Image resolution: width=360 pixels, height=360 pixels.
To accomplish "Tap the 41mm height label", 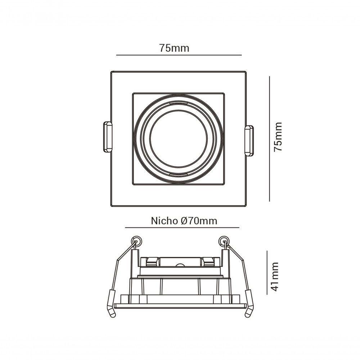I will [x=275, y=276].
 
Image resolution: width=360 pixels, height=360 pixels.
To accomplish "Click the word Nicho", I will [x=164, y=221].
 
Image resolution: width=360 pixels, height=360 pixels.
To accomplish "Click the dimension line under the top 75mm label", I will [x=179, y=55].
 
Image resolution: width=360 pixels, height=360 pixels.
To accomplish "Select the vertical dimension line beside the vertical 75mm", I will [x=269, y=139].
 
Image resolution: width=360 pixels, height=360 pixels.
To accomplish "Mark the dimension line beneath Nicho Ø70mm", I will [x=182, y=228].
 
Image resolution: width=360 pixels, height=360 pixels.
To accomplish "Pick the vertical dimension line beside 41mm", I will [x=267, y=273].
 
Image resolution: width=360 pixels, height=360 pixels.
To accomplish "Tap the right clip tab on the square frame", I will [x=249, y=140].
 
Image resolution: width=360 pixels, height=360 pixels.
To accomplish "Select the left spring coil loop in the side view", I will [x=136, y=240].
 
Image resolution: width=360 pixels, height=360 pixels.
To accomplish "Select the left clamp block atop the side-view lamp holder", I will [x=150, y=261].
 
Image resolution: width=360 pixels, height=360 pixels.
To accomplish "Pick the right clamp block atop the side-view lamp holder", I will [x=208, y=261].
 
